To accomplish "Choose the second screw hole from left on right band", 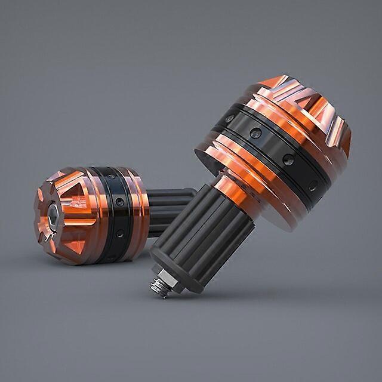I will pyautogui.click(x=255, y=133).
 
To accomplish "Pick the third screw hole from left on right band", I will pyautogui.click(x=288, y=159).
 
